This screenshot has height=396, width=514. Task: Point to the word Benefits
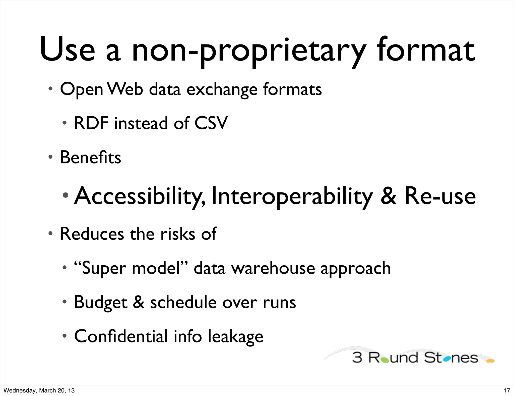[x=91, y=157]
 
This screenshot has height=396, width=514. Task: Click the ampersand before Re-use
[x=389, y=196]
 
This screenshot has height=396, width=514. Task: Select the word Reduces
[x=92, y=234]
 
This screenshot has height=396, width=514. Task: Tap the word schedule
[x=183, y=302]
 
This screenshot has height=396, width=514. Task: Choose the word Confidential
[x=121, y=336]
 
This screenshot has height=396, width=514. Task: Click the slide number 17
[x=507, y=390]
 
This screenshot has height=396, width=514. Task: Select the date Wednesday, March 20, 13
[x=39, y=390]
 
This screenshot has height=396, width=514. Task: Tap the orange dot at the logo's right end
[x=490, y=361]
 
